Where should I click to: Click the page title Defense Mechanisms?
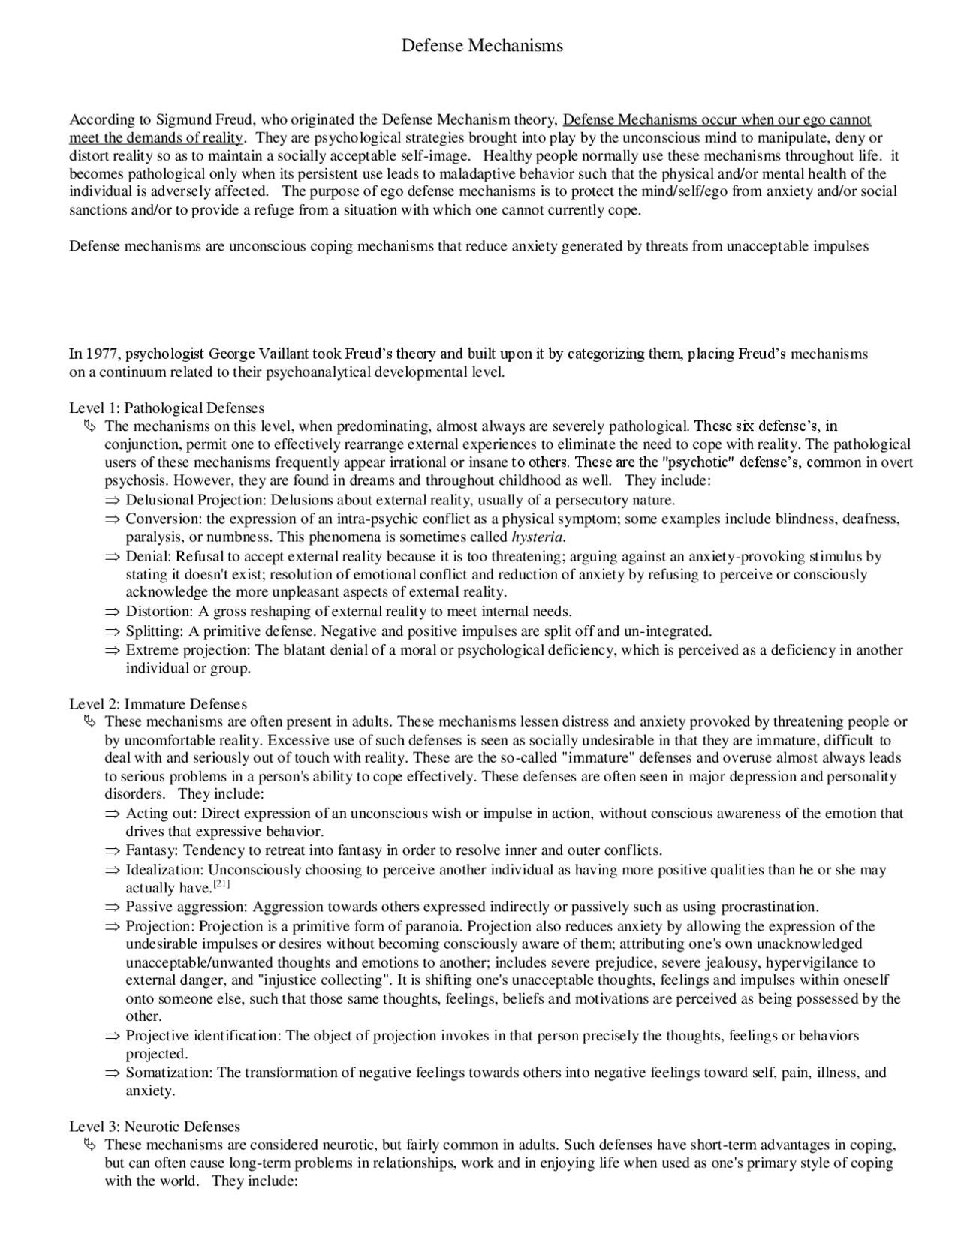click(482, 46)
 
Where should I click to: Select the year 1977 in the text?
click(103, 354)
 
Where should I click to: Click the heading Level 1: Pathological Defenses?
click(167, 408)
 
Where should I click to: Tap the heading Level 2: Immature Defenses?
click(158, 704)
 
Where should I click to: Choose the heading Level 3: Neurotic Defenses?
click(155, 1127)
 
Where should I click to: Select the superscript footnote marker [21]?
click(221, 885)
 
